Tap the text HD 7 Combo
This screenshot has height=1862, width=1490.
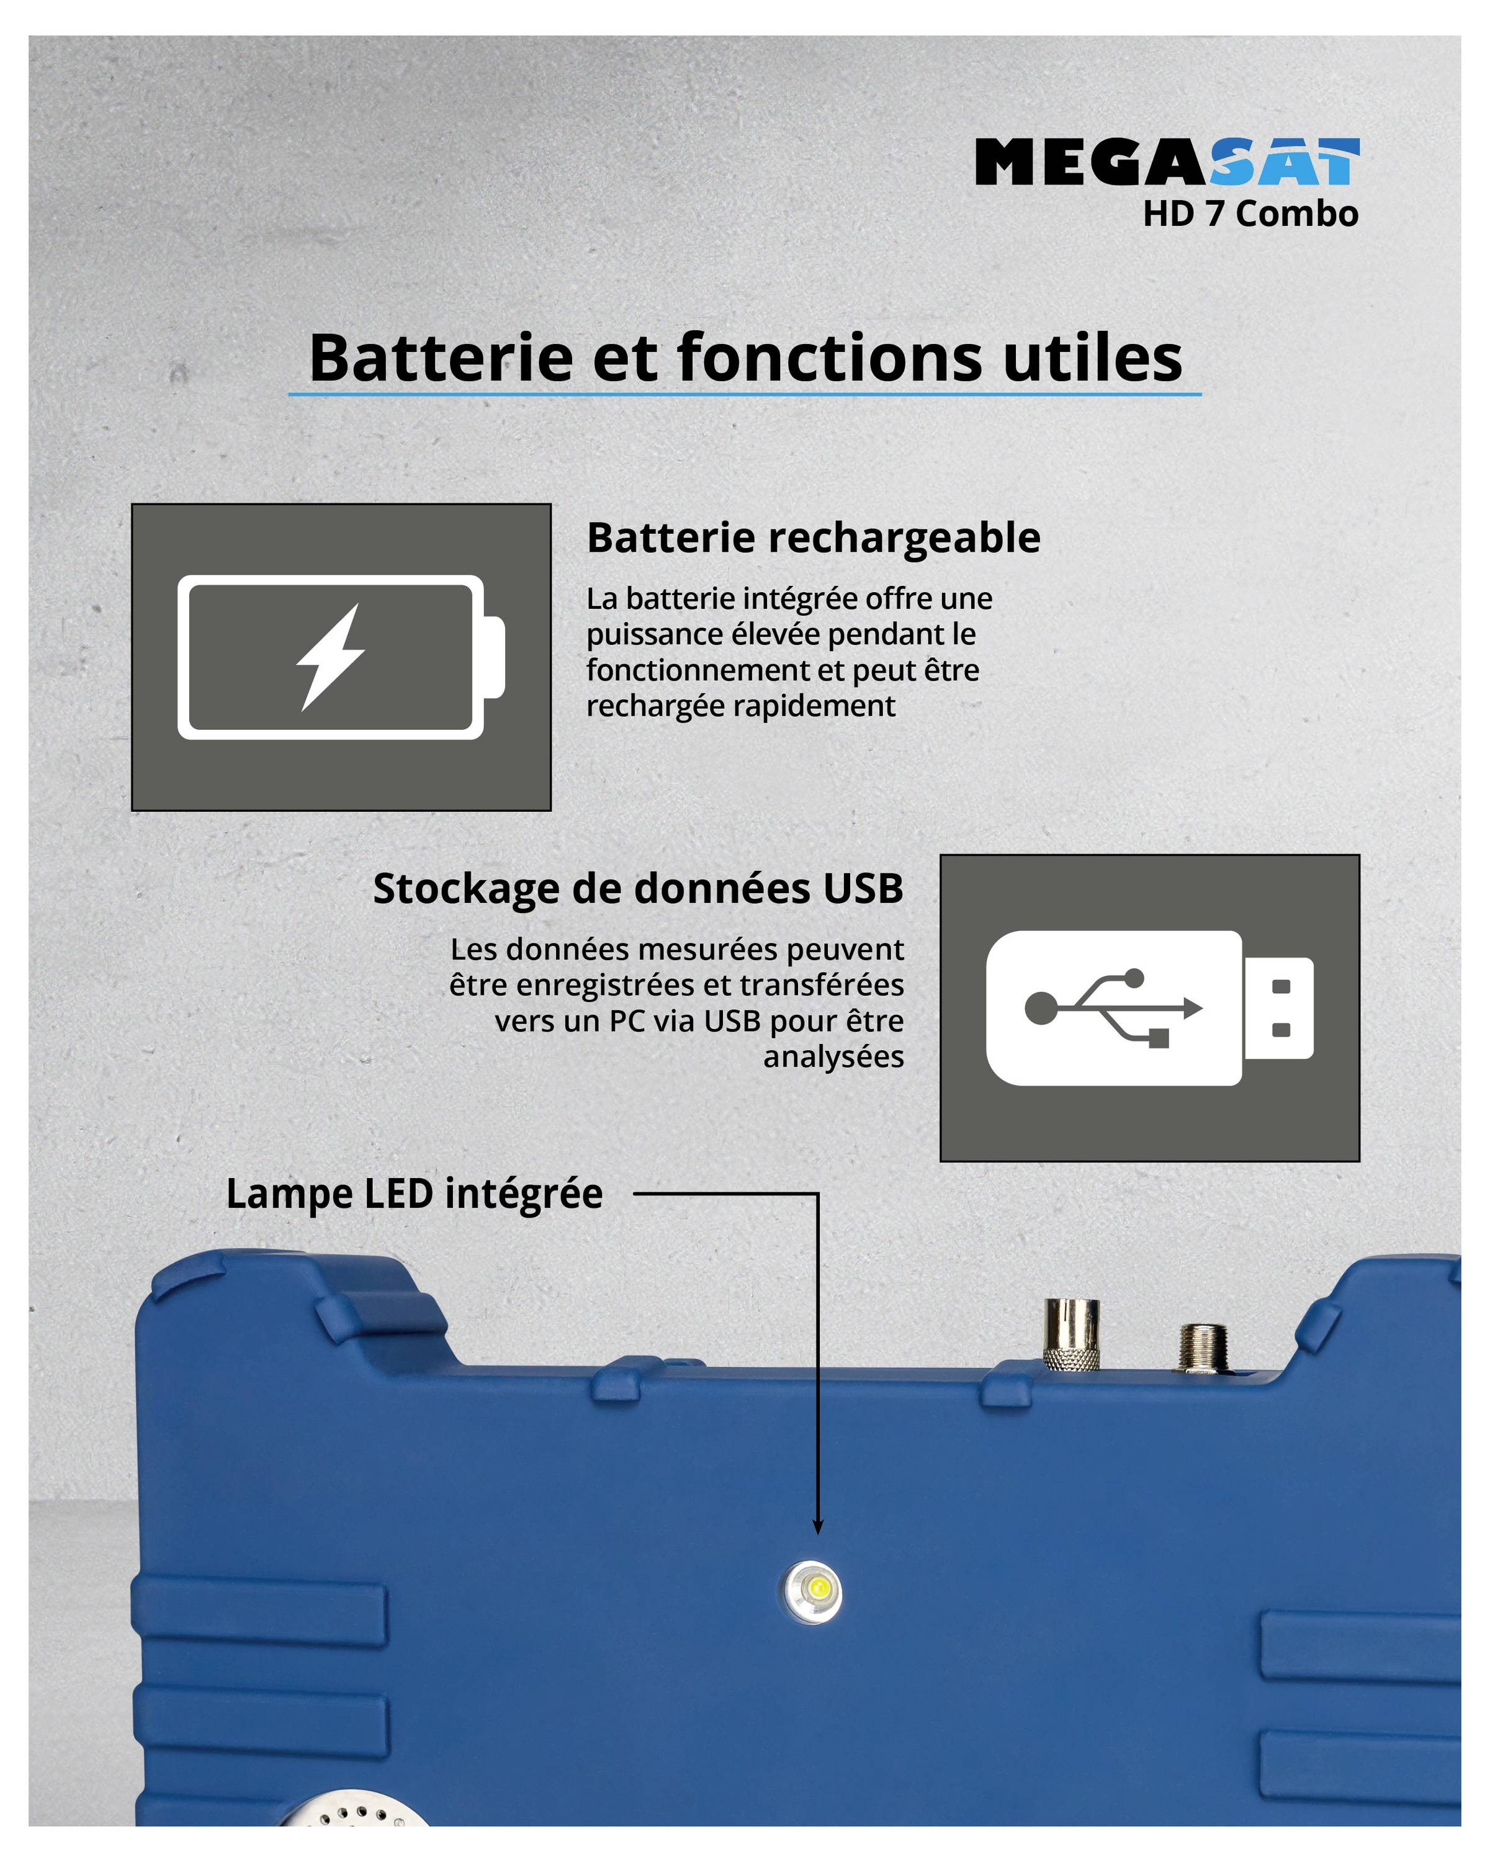[1250, 214]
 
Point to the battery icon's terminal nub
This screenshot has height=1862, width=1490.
[494, 657]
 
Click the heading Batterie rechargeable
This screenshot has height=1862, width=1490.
[813, 538]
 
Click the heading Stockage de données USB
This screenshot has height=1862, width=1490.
[638, 889]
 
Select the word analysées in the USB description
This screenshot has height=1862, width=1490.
[833, 1056]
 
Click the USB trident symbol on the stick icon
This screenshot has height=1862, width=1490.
[1113, 1008]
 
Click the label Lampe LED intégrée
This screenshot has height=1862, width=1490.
[415, 1194]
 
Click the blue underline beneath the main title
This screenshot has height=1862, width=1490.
[744, 395]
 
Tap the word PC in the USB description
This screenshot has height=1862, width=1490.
[627, 1021]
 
